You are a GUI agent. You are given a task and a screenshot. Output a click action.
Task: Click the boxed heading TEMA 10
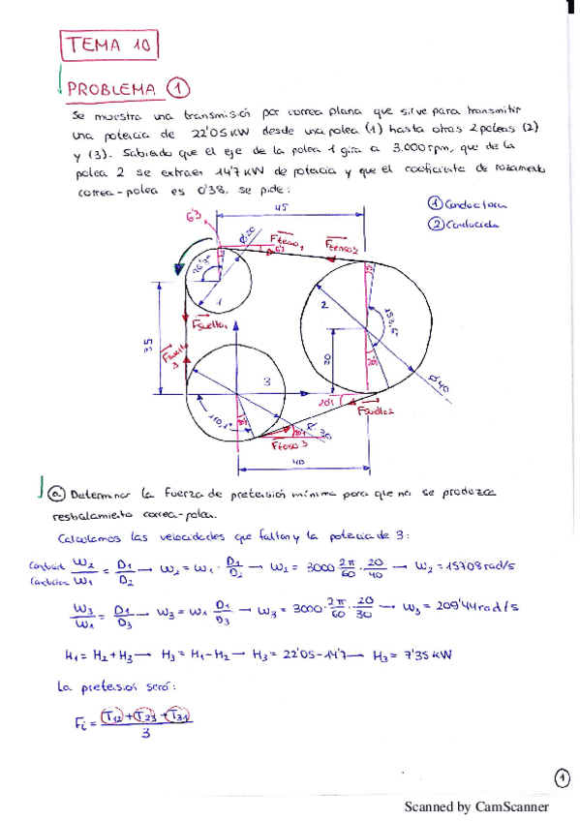pos(109,45)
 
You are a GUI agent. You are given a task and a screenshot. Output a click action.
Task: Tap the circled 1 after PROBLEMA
pos(177,88)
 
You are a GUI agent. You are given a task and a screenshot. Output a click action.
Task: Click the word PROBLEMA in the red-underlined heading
pos(112,89)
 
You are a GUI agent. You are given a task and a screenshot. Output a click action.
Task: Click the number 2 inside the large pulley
pos(324,305)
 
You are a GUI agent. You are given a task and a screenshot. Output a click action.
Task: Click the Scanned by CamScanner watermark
pos(475,806)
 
